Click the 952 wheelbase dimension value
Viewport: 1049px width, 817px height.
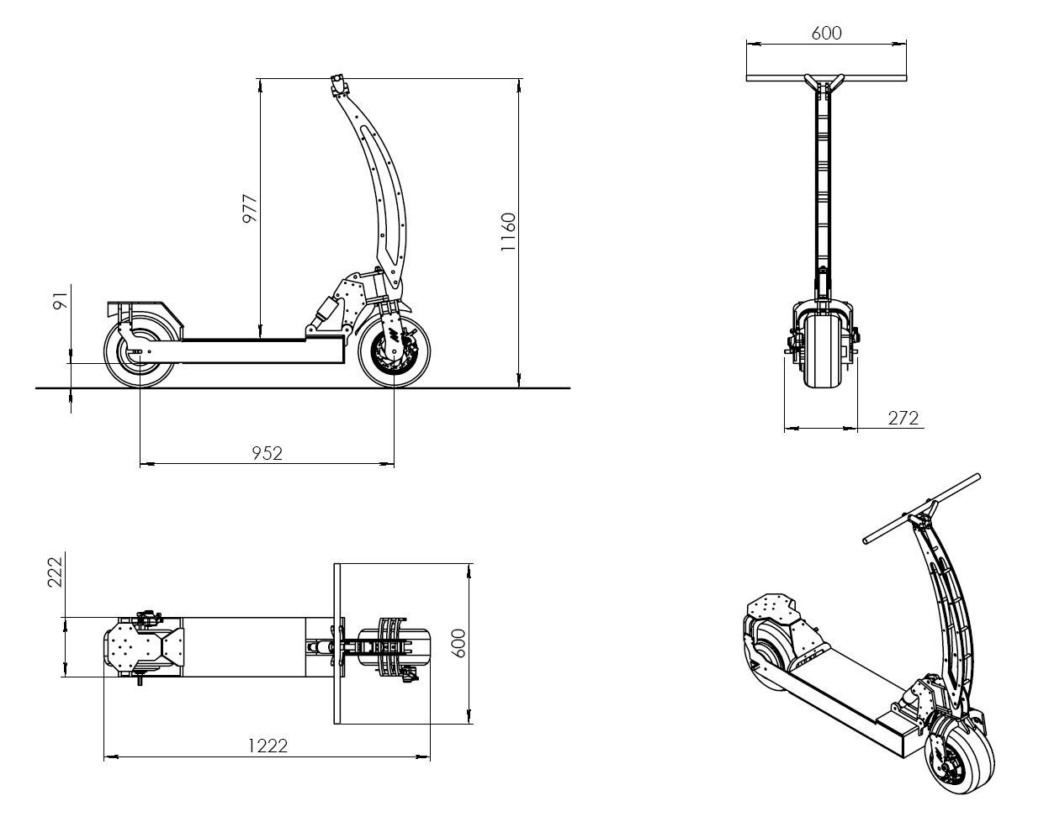[267, 453]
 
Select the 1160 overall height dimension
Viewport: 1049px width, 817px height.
[508, 232]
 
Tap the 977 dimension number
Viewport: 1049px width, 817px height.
[250, 208]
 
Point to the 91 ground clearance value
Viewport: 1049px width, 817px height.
[61, 300]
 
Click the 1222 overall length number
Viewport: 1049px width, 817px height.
[268, 746]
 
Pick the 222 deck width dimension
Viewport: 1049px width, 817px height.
[55, 572]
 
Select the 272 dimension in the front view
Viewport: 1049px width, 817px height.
[903, 418]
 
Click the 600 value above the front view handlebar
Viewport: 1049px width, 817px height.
[826, 33]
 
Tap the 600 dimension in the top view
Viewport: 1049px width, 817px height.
[459, 643]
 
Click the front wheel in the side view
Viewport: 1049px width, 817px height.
[395, 351]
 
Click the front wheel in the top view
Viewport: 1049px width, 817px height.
[395, 646]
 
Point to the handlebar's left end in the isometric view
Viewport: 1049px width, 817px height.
[866, 540]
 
